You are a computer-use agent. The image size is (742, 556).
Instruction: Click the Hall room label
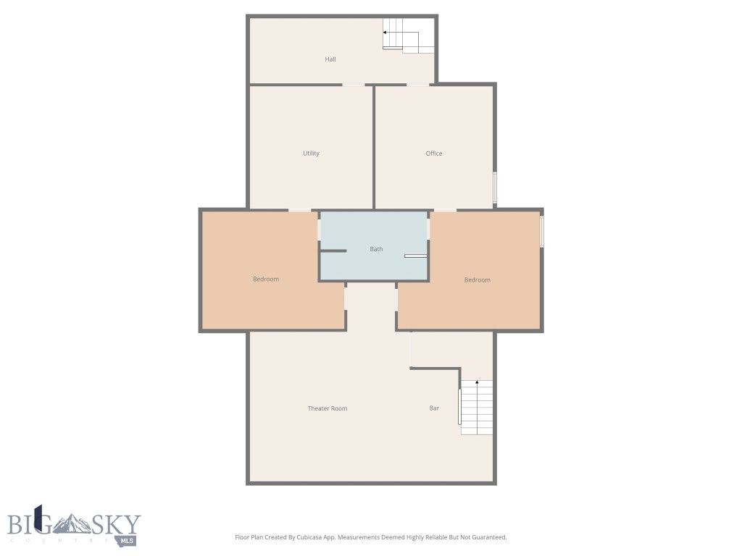(330, 59)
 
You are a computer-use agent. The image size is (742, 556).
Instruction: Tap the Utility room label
(311, 153)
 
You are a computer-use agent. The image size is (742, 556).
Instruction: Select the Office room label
(433, 153)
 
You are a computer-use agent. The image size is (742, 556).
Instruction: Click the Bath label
(376, 249)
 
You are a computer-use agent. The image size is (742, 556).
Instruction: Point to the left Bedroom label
(265, 279)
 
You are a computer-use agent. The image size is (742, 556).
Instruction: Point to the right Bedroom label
(477, 280)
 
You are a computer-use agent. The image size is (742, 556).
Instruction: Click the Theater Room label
(328, 408)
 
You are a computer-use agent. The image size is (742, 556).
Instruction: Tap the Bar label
(434, 408)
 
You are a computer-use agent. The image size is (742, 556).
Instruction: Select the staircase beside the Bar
(477, 408)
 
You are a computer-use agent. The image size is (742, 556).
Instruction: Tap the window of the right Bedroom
(541, 232)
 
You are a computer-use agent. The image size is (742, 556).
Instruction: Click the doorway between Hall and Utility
(354, 85)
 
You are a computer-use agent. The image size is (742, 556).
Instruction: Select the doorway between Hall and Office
(417, 85)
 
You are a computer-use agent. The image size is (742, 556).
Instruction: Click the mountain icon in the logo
(73, 523)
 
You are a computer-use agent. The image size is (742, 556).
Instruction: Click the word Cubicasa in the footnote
(307, 537)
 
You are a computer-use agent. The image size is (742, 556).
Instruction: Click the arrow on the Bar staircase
(477, 382)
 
